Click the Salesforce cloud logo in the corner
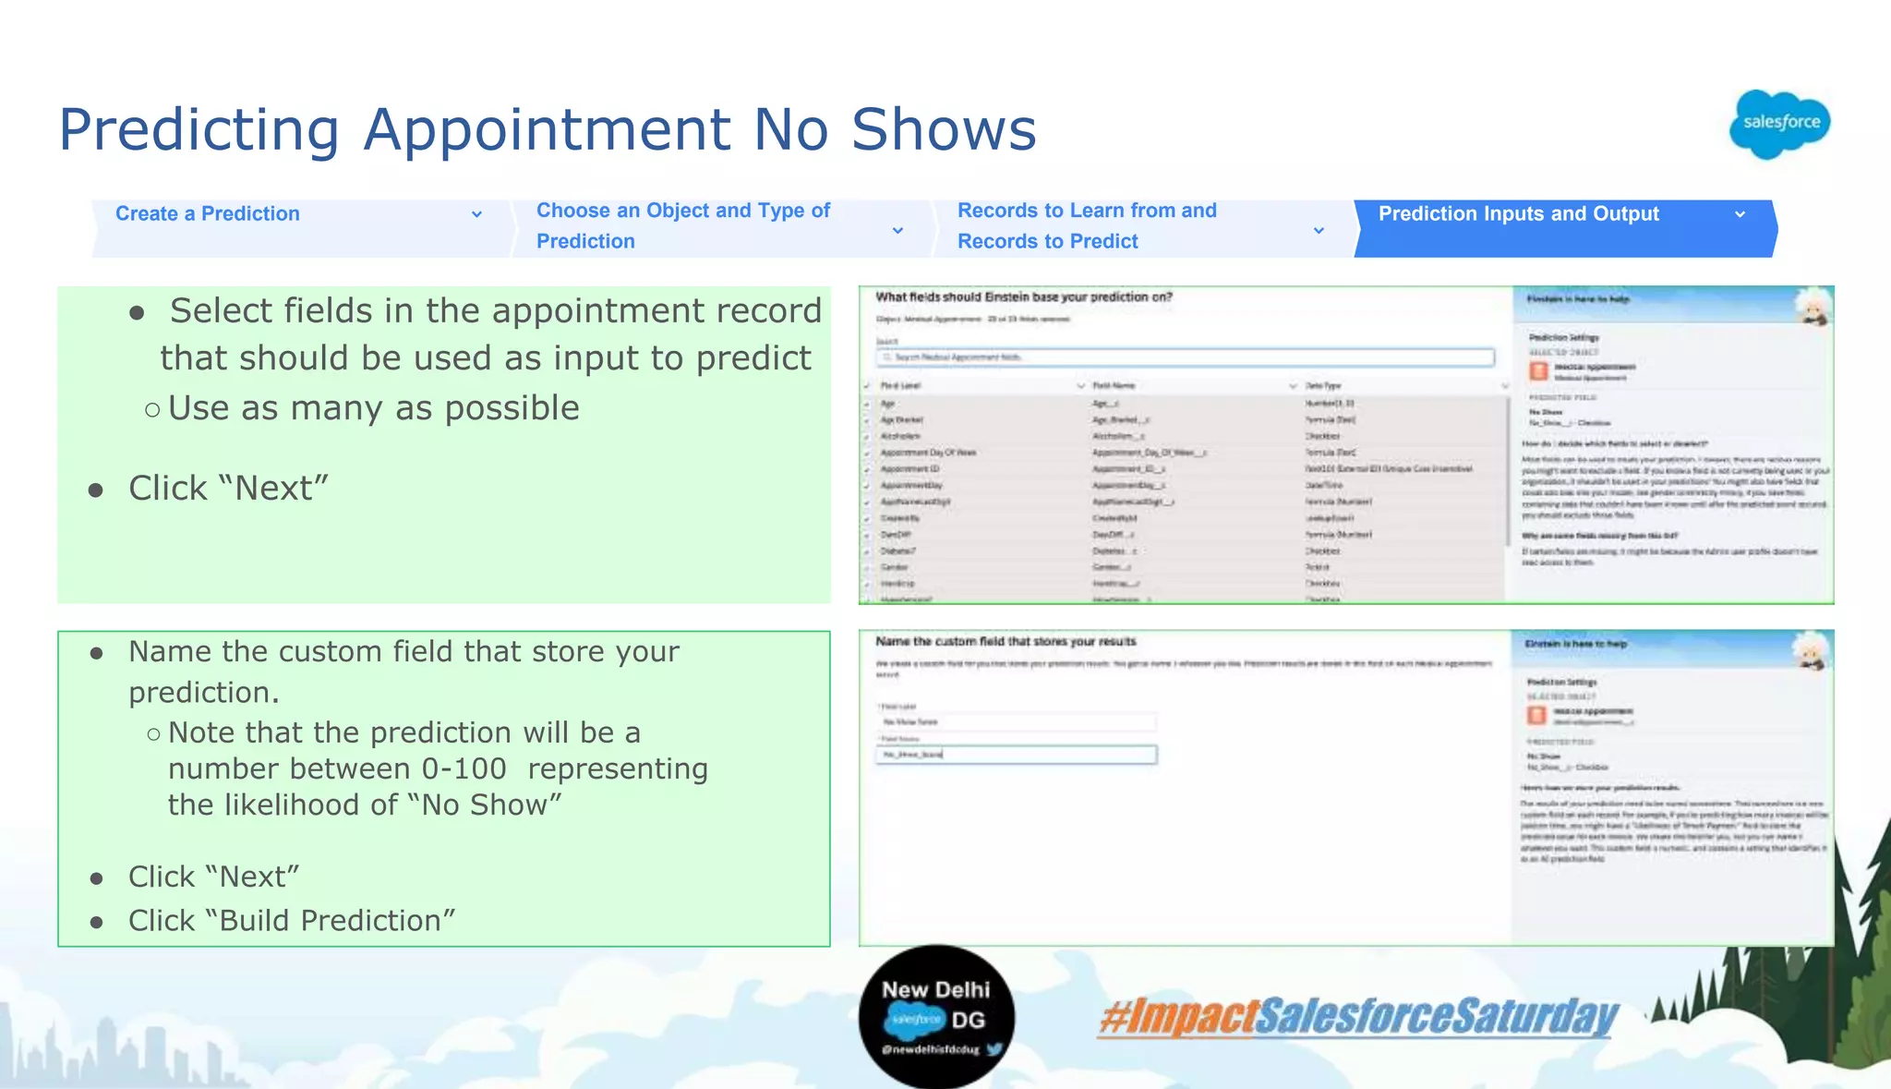1779,124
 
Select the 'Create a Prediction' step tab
208,214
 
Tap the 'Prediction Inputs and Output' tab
1518,214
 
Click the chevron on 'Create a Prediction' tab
476,214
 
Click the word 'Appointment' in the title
548,129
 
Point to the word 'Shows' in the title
943,129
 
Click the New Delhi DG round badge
935,1016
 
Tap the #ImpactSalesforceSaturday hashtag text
1357,1016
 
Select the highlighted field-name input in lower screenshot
1016,755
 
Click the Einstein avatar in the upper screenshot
1813,308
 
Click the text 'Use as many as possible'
374,408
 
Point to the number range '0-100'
464,768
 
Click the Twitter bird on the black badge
994,1049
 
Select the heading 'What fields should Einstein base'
1023,297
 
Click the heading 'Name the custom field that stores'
1006,641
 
